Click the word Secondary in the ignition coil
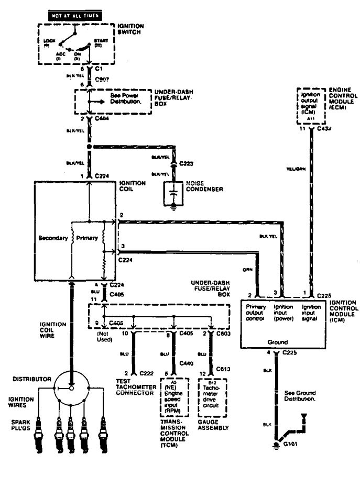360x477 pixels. [53, 238]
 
